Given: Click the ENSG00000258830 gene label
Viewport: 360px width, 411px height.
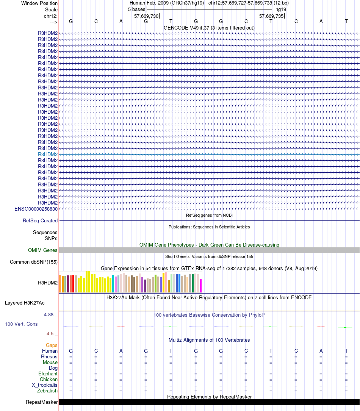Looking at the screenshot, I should coord(36,209).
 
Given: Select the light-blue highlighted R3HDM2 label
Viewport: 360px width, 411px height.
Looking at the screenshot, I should coord(48,154).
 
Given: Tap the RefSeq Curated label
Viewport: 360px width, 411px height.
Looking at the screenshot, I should coord(40,220).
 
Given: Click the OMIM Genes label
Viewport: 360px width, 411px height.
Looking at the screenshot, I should coord(43,250).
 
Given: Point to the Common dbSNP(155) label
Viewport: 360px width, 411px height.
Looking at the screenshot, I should coord(34,262).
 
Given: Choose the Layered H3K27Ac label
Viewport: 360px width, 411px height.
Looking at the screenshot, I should coord(25,303).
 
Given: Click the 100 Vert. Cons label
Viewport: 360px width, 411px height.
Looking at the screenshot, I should coord(21,324).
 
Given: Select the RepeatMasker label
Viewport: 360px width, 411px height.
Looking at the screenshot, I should coord(42,402).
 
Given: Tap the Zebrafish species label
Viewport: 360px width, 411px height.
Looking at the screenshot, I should coord(47,391).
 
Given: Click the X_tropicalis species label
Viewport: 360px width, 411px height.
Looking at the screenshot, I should coord(45,385).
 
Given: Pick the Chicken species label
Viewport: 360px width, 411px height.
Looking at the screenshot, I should coord(49,379).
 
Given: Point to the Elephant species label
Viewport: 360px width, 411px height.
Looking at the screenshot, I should coord(48,373).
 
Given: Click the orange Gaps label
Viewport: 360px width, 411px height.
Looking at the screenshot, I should coord(52,345).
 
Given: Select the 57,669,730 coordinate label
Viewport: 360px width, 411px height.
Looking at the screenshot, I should coord(146,16).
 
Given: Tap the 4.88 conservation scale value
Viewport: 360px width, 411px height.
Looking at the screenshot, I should coord(49,314).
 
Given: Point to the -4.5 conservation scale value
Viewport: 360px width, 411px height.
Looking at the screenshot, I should coord(50,333).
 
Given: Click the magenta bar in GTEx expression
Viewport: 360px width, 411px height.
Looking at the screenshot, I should coord(201,285).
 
